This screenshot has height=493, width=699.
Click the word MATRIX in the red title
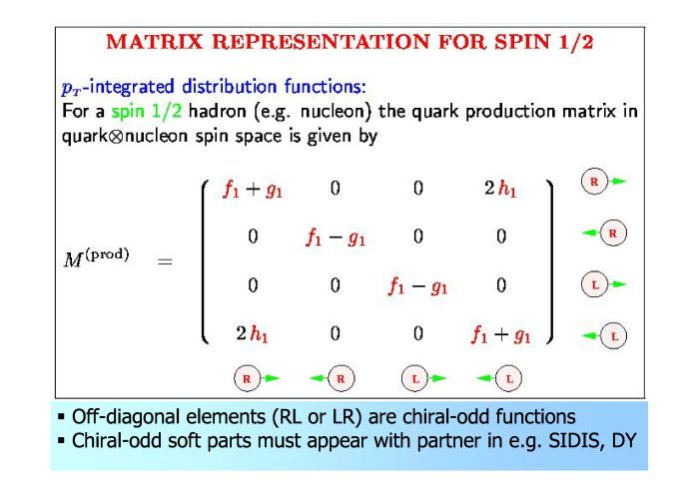pyautogui.click(x=154, y=42)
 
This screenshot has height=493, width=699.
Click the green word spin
pyautogui.click(x=128, y=112)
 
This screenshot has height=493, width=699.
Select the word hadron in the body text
pyautogui.click(x=217, y=111)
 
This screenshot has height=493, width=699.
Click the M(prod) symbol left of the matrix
pyautogui.click(x=96, y=257)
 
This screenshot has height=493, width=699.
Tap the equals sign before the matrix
pyautogui.click(x=165, y=261)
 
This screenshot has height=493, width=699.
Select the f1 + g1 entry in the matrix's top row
pyautogui.click(x=253, y=190)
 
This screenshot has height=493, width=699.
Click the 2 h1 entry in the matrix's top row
pyautogui.click(x=500, y=189)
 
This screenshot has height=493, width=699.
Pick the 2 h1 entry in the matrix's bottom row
pyautogui.click(x=252, y=333)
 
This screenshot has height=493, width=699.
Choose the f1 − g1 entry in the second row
pyautogui.click(x=336, y=238)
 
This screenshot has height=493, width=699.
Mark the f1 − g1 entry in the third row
pyautogui.click(x=417, y=285)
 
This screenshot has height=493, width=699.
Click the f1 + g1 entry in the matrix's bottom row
pyautogui.click(x=500, y=334)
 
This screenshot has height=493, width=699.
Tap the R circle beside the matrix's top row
pyautogui.click(x=594, y=182)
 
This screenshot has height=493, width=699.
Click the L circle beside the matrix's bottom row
pyautogui.click(x=613, y=336)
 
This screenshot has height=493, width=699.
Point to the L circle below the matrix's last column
pyautogui.click(x=509, y=378)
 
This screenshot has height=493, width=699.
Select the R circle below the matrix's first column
pyautogui.click(x=247, y=378)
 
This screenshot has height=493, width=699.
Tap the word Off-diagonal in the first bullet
pyautogui.click(x=125, y=417)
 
